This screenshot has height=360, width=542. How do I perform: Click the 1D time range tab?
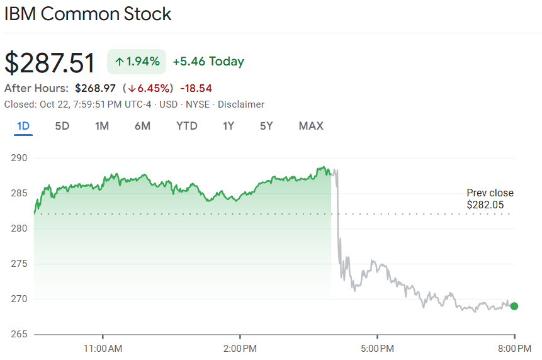point(23,126)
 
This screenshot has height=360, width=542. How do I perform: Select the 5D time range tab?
point(62,126)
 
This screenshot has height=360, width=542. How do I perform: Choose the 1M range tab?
point(102,126)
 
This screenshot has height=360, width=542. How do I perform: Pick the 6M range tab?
point(142,126)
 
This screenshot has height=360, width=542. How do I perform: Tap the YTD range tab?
point(186,126)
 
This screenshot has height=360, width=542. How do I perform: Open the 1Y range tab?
point(229,126)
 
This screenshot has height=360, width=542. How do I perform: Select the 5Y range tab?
point(266,126)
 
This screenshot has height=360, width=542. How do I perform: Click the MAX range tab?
point(311,126)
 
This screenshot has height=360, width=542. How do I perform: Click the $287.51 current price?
point(50,63)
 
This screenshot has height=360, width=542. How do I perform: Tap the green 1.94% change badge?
point(137,62)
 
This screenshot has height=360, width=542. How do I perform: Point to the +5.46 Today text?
point(208,62)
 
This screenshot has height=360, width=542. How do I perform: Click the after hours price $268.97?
point(95,88)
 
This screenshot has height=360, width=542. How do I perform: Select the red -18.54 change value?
point(196,88)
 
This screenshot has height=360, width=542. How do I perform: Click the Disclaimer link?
point(241,104)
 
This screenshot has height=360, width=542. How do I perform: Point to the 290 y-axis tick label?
point(20,157)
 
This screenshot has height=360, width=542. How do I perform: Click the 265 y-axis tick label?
point(20,334)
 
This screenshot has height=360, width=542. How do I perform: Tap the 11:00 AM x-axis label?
point(103,347)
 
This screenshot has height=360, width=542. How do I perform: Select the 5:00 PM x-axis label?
point(378,347)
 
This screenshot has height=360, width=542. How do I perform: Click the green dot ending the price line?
point(514,307)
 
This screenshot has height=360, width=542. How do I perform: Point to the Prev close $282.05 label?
point(490,199)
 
